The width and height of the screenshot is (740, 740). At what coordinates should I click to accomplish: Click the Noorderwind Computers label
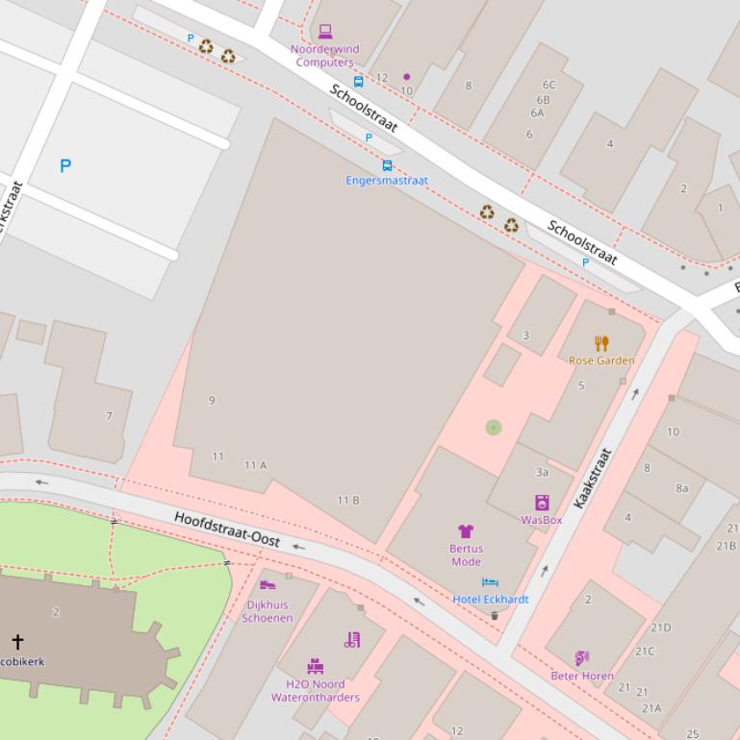(324, 56)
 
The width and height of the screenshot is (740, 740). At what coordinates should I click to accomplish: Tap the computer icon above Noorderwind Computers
(325, 32)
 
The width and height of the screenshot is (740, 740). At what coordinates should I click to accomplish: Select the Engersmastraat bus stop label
(387, 181)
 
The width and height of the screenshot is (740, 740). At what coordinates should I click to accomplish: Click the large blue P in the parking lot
(65, 166)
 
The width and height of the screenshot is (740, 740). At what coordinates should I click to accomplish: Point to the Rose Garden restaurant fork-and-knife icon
(601, 343)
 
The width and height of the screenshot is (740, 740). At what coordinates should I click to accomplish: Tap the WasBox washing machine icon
(542, 503)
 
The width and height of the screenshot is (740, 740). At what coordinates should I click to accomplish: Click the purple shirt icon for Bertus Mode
(466, 531)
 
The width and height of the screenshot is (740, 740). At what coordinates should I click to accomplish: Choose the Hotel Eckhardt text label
(491, 600)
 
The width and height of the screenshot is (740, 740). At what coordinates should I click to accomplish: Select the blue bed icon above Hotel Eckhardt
(490, 582)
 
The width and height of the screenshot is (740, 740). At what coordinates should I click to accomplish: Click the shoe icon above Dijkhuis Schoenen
(268, 584)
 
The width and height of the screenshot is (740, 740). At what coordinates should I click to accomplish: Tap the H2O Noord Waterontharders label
(315, 691)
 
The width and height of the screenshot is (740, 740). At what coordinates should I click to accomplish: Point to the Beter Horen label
(582, 676)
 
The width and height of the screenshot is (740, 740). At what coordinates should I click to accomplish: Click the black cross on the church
(17, 641)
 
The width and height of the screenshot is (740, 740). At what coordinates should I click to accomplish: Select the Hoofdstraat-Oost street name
(227, 530)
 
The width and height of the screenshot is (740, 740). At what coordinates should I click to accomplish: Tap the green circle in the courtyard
(494, 428)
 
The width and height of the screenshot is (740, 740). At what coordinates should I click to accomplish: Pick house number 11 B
(348, 501)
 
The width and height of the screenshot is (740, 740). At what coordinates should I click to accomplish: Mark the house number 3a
(542, 473)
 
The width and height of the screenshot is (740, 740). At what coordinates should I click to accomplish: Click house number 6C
(549, 86)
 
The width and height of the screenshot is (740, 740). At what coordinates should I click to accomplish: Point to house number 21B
(726, 546)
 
